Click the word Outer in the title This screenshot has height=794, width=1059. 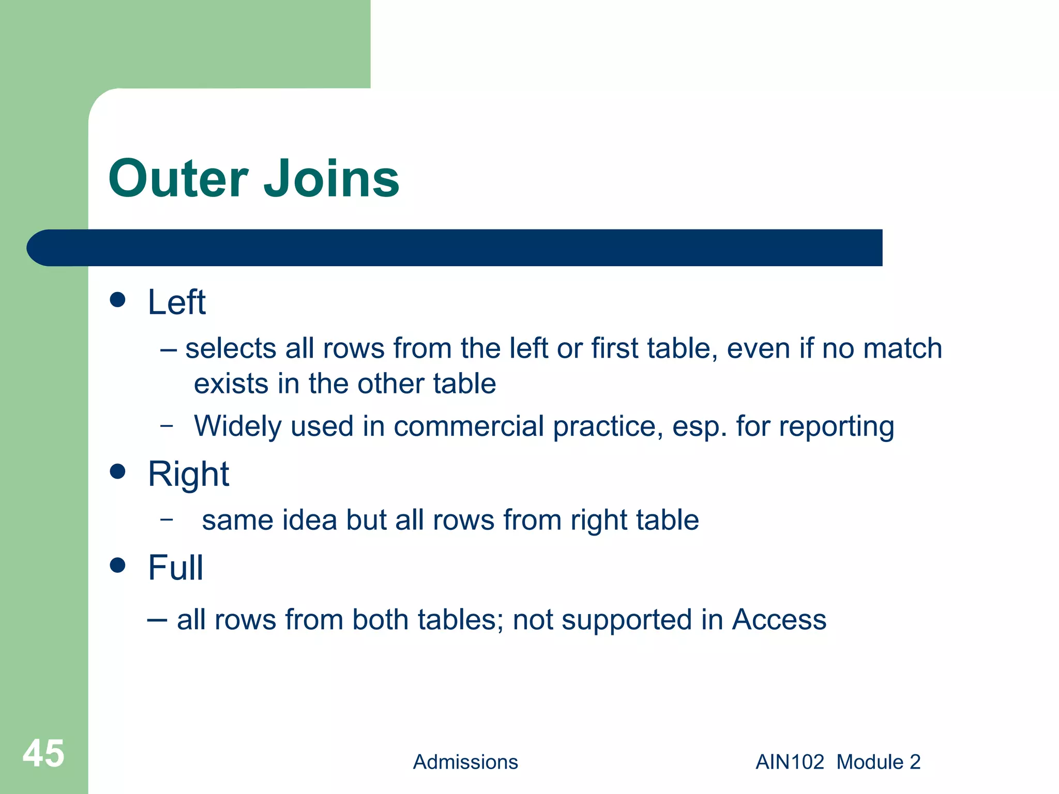click(178, 179)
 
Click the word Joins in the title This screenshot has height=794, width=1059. click(331, 179)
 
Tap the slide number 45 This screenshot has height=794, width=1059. click(43, 753)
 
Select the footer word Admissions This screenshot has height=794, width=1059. click(465, 762)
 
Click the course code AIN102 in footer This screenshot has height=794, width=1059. click(790, 762)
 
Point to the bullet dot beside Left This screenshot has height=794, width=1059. click(118, 300)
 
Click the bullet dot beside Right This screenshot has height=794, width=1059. click(118, 471)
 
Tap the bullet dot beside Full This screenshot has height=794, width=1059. click(118, 565)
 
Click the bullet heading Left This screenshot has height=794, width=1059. click(176, 302)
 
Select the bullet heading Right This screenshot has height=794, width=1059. click(188, 475)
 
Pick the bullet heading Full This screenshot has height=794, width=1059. click(175, 568)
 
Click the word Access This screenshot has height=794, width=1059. click(779, 619)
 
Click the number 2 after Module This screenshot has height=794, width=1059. click(915, 762)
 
